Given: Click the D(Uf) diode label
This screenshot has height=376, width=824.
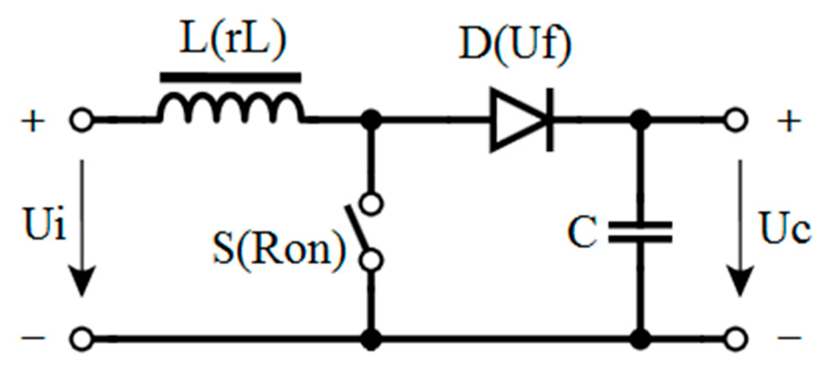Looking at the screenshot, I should tap(515, 44).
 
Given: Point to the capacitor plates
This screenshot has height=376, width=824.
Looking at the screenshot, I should tap(640, 232).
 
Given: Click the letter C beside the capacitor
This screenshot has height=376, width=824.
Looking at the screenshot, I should tap(582, 232).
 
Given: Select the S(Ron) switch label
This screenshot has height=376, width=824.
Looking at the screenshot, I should tap(278, 248).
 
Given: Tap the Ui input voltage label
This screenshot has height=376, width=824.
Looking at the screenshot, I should tap(44, 224).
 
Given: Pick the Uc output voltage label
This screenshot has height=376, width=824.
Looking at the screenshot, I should tap(784, 229).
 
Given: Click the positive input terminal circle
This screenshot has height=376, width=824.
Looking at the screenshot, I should tap(82, 120).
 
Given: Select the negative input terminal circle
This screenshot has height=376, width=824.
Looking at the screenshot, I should tap(82, 338).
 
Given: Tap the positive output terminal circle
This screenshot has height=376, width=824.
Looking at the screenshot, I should tap(736, 120).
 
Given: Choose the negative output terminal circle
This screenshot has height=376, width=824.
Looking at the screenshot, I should tap(736, 338).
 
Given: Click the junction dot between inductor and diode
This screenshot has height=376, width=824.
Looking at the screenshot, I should tap(371, 119).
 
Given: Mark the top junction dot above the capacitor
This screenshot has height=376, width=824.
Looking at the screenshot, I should tap(640, 119).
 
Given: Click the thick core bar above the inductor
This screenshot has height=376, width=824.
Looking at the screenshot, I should tap(230, 77).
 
